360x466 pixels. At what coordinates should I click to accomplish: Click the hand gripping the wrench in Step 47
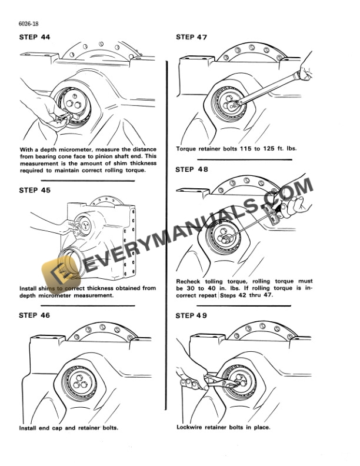pyautogui.click(x=306, y=71)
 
